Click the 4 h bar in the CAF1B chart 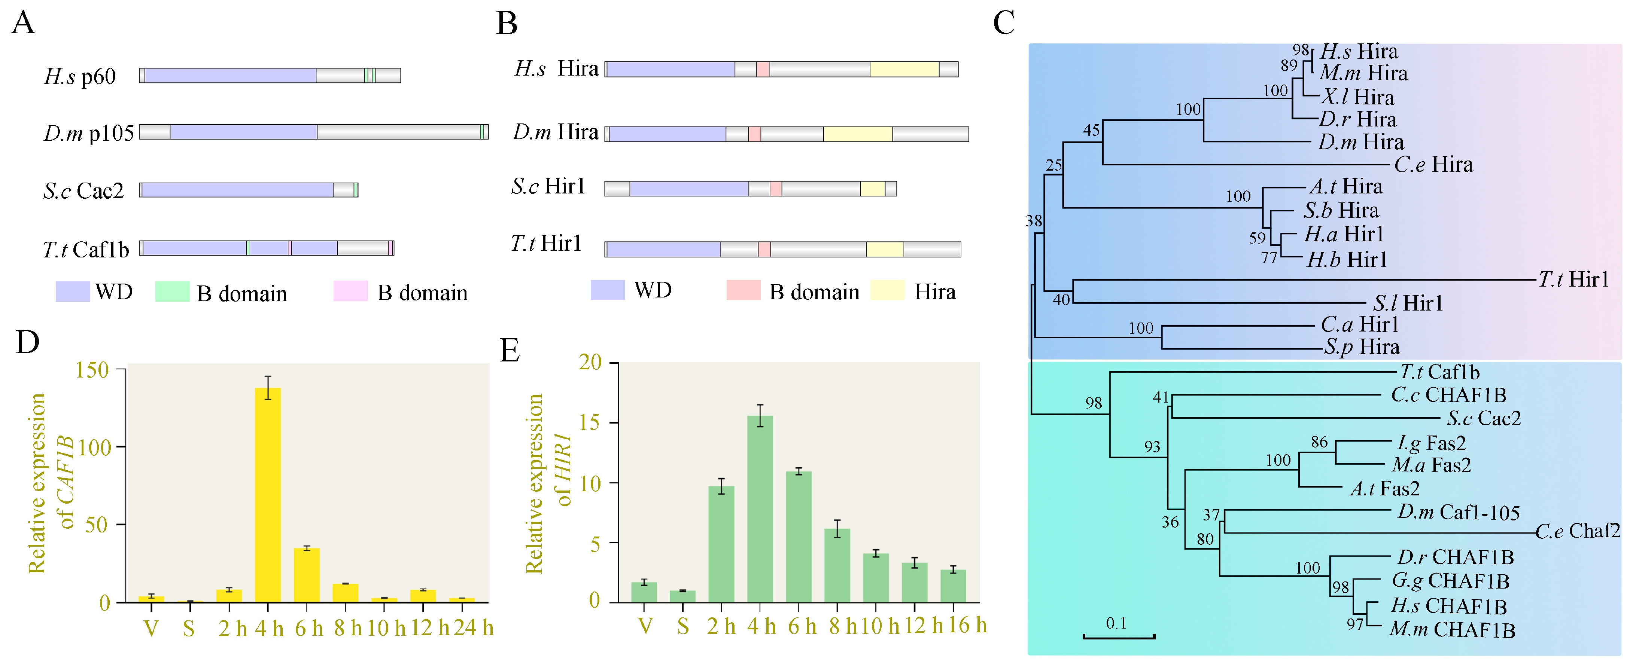coord(268,494)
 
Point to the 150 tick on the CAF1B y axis coord(92,370)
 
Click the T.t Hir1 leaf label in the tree coord(1574,279)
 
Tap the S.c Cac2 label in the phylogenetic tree coord(1483,418)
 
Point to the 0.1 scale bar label coord(1116,624)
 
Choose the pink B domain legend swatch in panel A coord(350,291)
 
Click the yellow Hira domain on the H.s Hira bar coord(904,69)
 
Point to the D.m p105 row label coord(89,133)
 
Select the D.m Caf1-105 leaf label coord(1459,512)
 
